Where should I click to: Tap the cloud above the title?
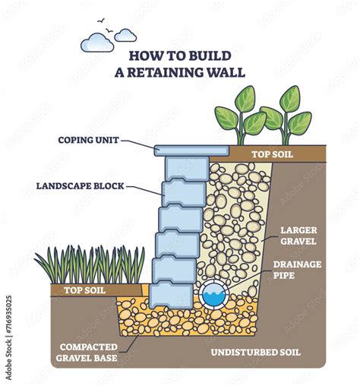coord(96,43)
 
